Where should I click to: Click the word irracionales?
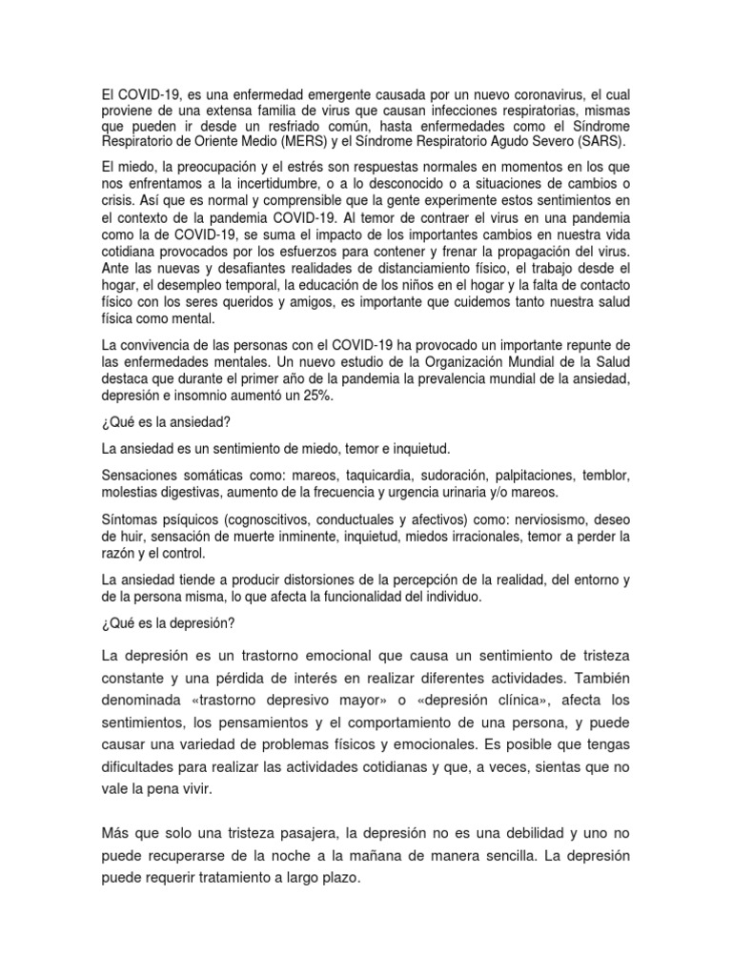coord(474,537)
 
